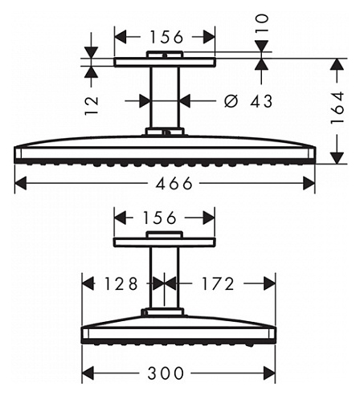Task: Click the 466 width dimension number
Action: click(174, 183)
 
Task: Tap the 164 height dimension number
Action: click(337, 108)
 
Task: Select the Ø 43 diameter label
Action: click(248, 101)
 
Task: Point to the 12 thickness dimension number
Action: click(92, 106)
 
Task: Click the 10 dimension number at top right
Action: click(262, 23)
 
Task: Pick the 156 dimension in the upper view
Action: click(166, 37)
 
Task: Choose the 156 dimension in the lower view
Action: click(159, 218)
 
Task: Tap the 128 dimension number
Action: click(121, 283)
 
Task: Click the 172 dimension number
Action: click(218, 283)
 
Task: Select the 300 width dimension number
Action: click(166, 373)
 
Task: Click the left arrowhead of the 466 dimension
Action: click(21, 183)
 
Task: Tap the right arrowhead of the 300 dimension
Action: click(269, 373)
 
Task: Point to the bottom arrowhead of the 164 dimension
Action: click(337, 158)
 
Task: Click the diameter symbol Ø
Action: click(231, 101)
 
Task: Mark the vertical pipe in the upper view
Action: click(165, 97)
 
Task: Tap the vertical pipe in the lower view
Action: click(164, 278)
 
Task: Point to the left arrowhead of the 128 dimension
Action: click(88, 283)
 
